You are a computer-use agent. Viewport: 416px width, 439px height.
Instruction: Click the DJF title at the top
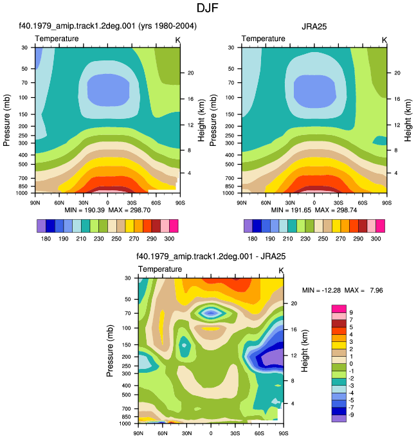(x=207, y=8)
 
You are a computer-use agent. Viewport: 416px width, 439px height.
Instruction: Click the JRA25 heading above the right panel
(x=314, y=26)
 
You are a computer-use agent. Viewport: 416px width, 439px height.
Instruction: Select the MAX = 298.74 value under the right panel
(x=336, y=210)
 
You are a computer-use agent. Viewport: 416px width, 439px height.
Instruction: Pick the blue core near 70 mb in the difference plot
(x=211, y=313)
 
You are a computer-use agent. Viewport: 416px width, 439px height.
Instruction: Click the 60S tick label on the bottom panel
(x=259, y=433)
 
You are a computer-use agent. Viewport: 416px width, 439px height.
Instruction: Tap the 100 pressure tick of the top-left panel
(x=24, y=98)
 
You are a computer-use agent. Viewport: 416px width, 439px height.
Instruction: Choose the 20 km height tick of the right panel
(x=397, y=73)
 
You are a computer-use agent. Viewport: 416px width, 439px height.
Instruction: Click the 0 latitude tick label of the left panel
(x=107, y=202)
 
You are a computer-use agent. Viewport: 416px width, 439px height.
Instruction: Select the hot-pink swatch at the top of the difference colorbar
(x=339, y=309)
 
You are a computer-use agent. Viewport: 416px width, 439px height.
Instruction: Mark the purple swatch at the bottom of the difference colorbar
(x=339, y=418)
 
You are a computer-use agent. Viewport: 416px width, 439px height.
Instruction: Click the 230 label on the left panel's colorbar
(x=98, y=239)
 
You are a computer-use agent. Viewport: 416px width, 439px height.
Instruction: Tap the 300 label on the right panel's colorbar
(x=375, y=239)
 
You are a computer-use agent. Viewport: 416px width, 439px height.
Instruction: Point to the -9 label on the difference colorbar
(x=350, y=415)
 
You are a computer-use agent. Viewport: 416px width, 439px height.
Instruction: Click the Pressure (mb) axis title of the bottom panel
(x=110, y=351)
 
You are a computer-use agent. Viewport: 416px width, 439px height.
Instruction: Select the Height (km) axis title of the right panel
(x=408, y=120)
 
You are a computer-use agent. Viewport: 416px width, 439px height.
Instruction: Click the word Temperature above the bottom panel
(x=160, y=269)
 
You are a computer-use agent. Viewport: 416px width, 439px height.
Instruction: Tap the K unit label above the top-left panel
(x=177, y=40)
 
